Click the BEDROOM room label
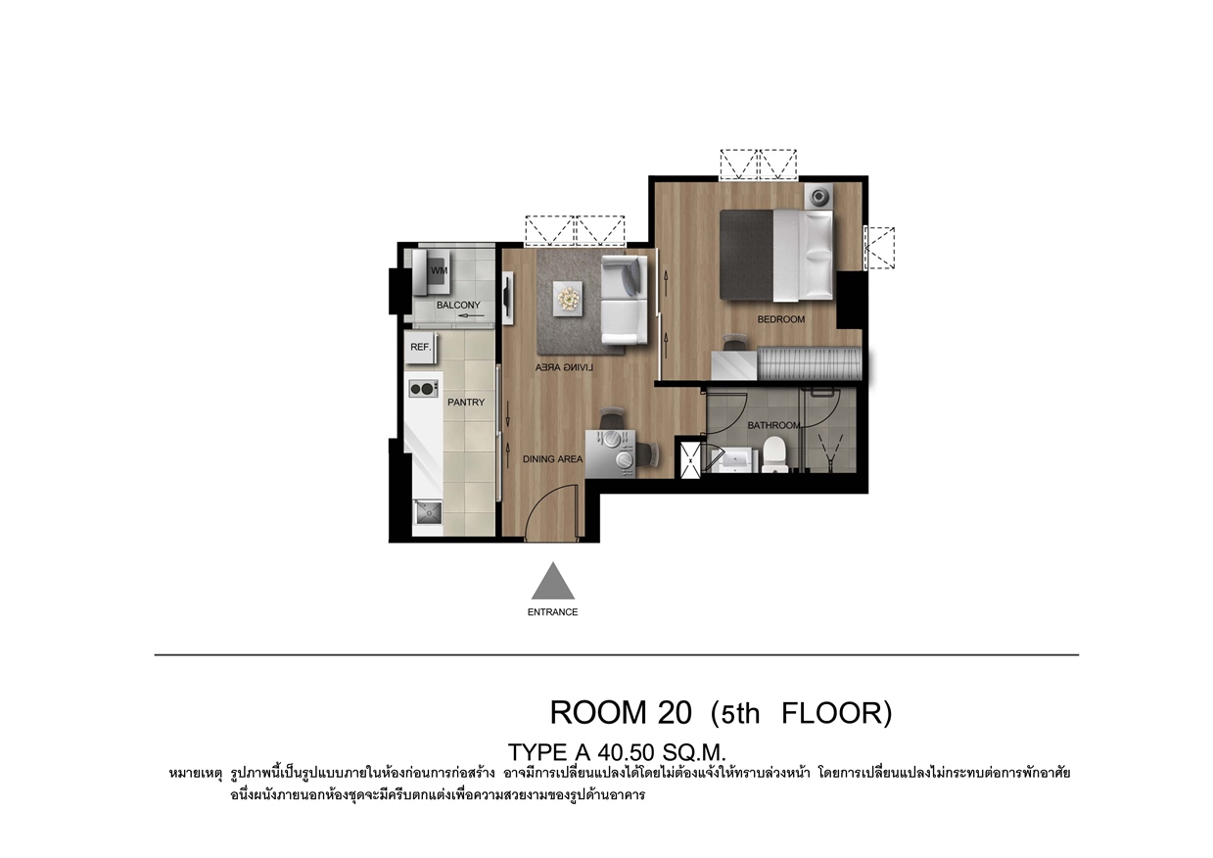click(781, 319)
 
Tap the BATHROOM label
click(773, 426)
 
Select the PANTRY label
click(466, 403)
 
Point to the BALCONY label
click(458, 306)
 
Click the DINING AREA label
click(552, 459)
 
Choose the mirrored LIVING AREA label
click(564, 367)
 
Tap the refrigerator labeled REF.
click(421, 348)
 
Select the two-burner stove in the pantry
click(424, 389)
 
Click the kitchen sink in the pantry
click(429, 512)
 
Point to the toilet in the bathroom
click(775, 455)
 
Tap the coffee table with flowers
click(569, 298)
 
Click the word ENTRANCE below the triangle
click(552, 612)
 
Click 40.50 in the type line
click(628, 752)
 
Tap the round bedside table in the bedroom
click(817, 196)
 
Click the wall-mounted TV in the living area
click(508, 298)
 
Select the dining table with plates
click(611, 453)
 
